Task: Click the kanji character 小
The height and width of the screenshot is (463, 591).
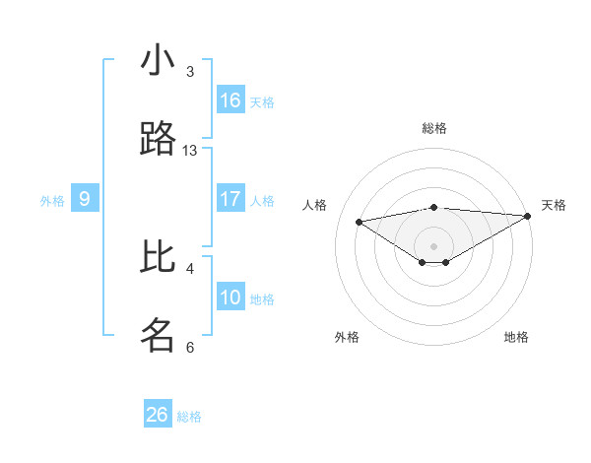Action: (x=158, y=61)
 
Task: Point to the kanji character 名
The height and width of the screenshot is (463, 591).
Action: (x=158, y=335)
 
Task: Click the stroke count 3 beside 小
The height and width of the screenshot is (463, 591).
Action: (x=190, y=72)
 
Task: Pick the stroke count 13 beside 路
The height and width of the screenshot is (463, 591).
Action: (x=190, y=151)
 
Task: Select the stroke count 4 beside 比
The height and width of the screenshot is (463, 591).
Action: (x=190, y=268)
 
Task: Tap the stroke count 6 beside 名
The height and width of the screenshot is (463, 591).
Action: (x=190, y=347)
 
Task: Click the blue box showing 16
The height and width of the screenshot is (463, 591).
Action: (x=230, y=100)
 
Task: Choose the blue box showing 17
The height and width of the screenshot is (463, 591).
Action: (x=230, y=199)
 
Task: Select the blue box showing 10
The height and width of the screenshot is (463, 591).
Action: (x=230, y=298)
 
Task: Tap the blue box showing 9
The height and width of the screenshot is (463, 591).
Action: (x=85, y=199)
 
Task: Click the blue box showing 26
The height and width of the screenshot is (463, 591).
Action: (x=158, y=415)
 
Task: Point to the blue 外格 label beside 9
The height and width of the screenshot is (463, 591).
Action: (x=52, y=201)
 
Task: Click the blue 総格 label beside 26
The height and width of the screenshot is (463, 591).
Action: (x=189, y=417)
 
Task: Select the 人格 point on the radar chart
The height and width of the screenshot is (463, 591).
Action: (x=360, y=221)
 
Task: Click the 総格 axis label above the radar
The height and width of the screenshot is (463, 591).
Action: (x=433, y=128)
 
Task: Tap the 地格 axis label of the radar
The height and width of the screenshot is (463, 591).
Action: (x=516, y=337)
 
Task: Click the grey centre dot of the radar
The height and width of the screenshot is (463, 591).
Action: (x=433, y=245)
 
